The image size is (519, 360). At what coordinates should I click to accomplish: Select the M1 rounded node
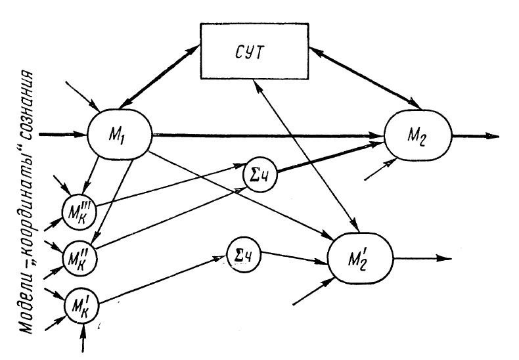pyautogui.click(x=120, y=135)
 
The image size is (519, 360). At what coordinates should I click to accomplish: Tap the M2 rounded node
pyautogui.click(x=418, y=137)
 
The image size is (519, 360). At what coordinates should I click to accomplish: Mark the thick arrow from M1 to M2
pyautogui.click(x=263, y=137)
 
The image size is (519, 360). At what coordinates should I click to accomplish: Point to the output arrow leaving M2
pyautogui.click(x=474, y=137)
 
